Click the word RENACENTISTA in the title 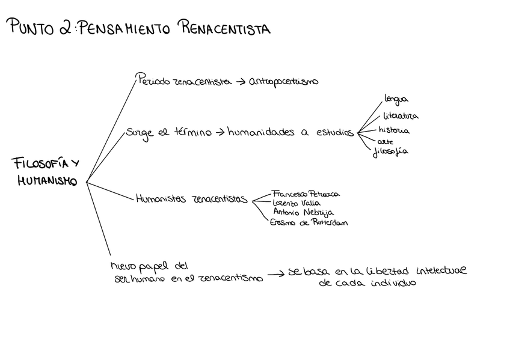[x=224, y=28]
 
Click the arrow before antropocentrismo [x=239, y=82]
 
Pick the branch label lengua [x=396, y=99]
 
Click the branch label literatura [x=400, y=115]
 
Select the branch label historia [x=394, y=130]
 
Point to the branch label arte [x=386, y=141]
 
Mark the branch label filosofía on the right [x=390, y=151]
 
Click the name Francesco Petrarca [x=306, y=194]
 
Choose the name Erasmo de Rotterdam [x=309, y=222]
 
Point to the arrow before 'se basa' [x=275, y=274]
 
